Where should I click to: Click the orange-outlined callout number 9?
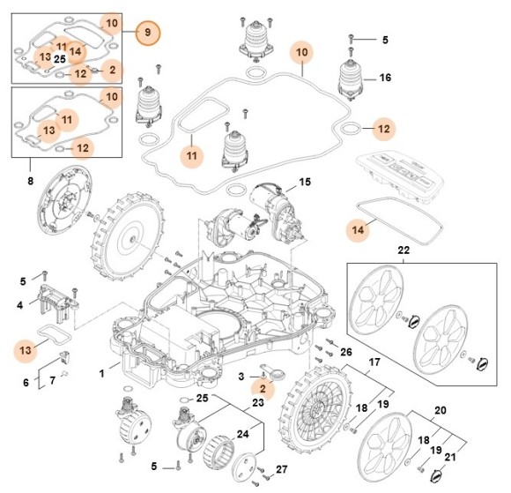(x=148, y=33)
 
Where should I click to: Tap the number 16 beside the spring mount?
(x=385, y=78)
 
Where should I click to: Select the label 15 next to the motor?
(x=305, y=183)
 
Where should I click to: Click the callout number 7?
(x=52, y=380)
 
